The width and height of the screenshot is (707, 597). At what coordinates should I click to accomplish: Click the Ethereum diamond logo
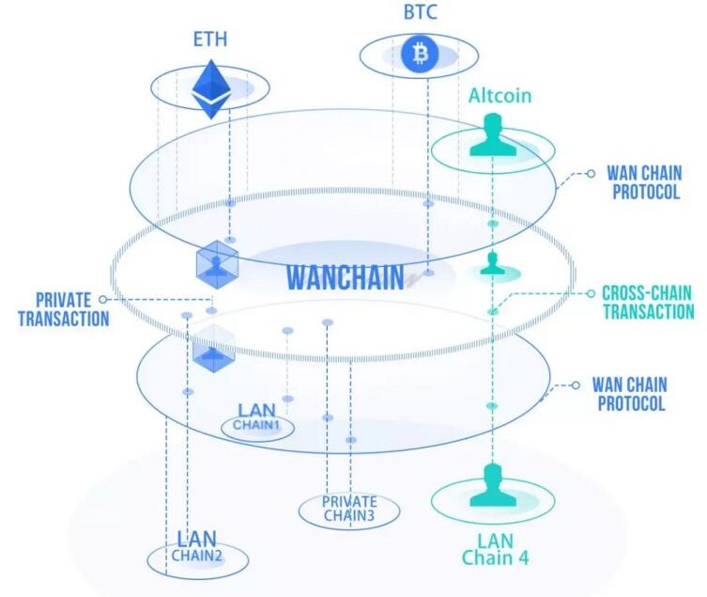[211, 89]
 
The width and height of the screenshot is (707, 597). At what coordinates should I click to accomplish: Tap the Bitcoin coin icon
[420, 54]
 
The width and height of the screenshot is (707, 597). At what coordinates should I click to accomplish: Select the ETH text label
[211, 40]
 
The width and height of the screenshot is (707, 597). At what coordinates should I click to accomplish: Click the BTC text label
[420, 12]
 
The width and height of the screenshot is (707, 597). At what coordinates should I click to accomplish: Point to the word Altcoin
[500, 95]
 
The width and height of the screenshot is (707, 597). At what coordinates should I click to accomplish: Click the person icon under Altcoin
[493, 137]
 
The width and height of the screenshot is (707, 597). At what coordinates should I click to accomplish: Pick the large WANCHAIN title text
[345, 277]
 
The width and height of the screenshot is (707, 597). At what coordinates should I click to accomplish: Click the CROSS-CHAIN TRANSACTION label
[647, 302]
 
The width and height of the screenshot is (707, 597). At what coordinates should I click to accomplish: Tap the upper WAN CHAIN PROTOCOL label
[643, 182]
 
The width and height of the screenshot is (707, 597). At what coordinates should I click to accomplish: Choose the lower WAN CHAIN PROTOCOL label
[628, 395]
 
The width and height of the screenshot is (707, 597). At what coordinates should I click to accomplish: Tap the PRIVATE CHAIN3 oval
[349, 509]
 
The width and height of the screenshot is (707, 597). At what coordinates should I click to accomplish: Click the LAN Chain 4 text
[494, 549]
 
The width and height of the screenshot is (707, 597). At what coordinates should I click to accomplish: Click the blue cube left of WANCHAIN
[218, 264]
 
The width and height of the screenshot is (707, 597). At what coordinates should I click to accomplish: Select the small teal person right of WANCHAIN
[493, 265]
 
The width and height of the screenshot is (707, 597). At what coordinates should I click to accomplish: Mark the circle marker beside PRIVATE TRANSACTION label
[102, 299]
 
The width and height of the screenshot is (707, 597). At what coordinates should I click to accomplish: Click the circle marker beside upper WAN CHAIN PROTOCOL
[591, 173]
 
